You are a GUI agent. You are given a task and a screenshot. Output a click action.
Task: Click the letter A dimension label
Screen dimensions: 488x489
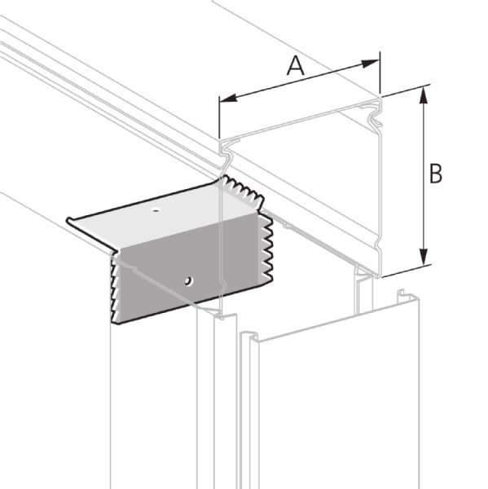(x=295, y=67)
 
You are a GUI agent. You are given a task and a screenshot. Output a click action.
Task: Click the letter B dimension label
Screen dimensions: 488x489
(x=436, y=174)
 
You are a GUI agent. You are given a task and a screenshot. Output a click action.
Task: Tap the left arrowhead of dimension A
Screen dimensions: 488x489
(x=228, y=98)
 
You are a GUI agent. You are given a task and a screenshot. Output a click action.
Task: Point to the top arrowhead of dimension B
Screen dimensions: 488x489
(x=423, y=95)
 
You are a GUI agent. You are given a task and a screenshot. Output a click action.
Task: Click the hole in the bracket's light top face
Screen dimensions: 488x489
(x=156, y=209)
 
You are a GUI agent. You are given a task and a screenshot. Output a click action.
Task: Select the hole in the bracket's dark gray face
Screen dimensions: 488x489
(x=188, y=280)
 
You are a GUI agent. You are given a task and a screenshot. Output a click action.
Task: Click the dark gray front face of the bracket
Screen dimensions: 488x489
(x=190, y=268)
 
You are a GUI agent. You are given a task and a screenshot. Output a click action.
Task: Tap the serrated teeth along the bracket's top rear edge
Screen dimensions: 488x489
(x=243, y=189)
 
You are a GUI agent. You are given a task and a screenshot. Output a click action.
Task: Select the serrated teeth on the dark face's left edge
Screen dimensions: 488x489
(x=115, y=290)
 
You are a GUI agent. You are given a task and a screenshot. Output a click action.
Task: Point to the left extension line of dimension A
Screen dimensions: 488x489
(x=219, y=117)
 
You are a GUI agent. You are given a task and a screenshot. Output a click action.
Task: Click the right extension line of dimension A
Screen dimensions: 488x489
(x=380, y=73)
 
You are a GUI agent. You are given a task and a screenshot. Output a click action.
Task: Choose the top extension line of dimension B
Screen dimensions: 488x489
(x=407, y=90)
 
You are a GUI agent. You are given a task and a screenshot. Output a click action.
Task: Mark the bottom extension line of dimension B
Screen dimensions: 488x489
(x=407, y=271)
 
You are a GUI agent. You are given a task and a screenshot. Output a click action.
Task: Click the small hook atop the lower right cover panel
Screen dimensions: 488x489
(x=402, y=297)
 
